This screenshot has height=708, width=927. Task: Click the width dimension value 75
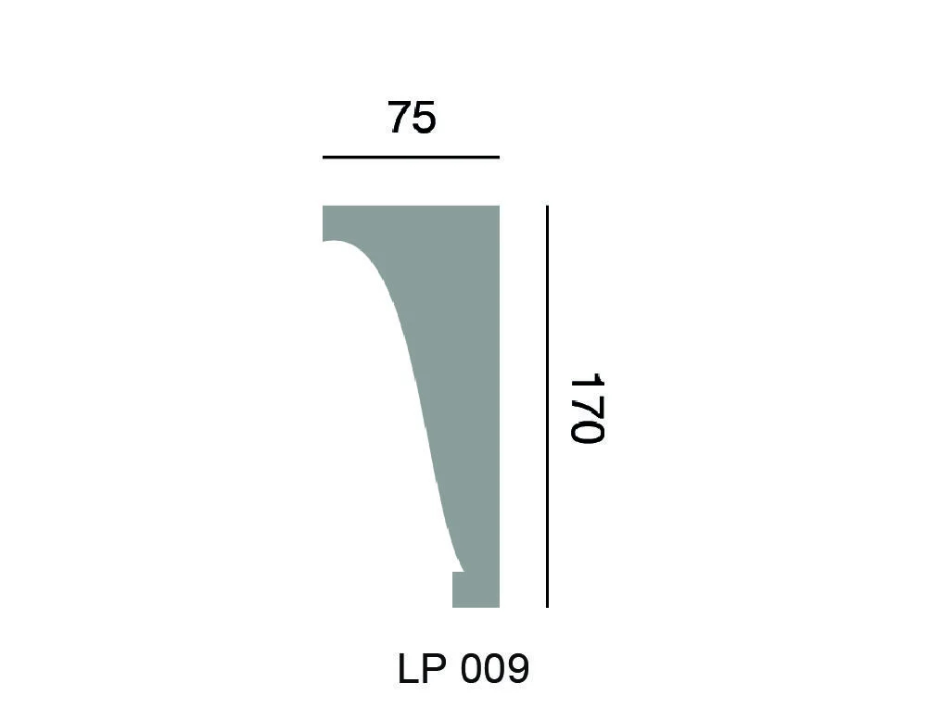[x=412, y=119]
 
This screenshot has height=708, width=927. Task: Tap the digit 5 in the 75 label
[x=424, y=119]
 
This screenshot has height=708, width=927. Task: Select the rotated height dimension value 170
[x=586, y=409]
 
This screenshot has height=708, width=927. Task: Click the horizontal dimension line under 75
[x=411, y=158]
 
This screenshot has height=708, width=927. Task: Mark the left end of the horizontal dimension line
[x=324, y=158]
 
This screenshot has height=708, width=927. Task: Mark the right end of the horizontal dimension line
[x=499, y=158]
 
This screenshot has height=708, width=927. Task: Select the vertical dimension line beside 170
[x=547, y=407]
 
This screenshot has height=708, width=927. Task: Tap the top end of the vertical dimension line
[x=547, y=207]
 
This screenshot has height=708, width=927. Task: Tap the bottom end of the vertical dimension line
[x=547, y=607]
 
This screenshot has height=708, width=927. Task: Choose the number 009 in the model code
[x=493, y=668]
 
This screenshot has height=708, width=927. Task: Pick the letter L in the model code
[x=409, y=668]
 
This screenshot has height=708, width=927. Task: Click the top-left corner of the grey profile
[x=324, y=208]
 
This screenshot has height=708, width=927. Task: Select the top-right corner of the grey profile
[x=498, y=208]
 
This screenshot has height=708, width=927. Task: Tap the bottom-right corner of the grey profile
[x=498, y=606]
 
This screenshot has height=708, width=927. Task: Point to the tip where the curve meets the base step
[x=463, y=571]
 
